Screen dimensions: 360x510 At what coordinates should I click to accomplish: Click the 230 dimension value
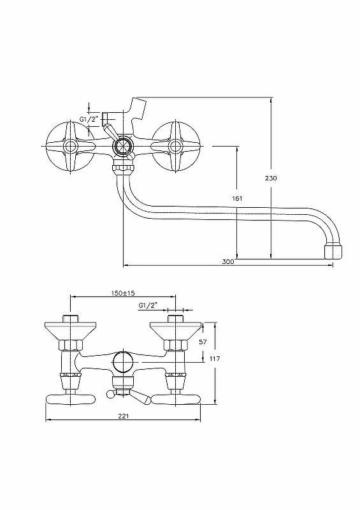271,178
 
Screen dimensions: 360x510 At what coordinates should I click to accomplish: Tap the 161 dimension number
237,198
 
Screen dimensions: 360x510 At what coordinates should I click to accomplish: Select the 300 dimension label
228,262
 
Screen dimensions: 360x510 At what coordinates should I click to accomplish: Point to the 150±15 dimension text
123,293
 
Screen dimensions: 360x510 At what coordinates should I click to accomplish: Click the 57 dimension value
202,342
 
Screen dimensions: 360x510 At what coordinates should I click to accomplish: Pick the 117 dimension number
215,358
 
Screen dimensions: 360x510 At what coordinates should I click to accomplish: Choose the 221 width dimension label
124,416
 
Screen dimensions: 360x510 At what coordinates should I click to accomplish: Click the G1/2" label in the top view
89,119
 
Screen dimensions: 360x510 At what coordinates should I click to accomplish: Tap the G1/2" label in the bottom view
148,305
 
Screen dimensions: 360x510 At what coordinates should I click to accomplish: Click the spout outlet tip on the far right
334,252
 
